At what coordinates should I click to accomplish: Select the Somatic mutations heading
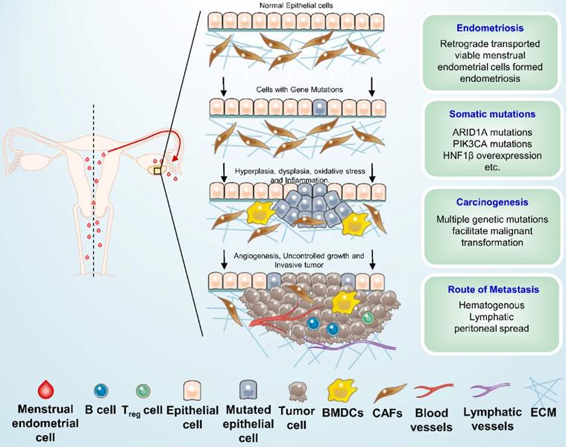tap(490, 115)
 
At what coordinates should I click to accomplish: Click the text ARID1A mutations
tap(490, 132)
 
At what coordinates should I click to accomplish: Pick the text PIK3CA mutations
tap(490, 144)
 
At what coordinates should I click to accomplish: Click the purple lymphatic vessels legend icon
tap(488, 388)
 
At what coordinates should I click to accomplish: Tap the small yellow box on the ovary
tap(157, 171)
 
